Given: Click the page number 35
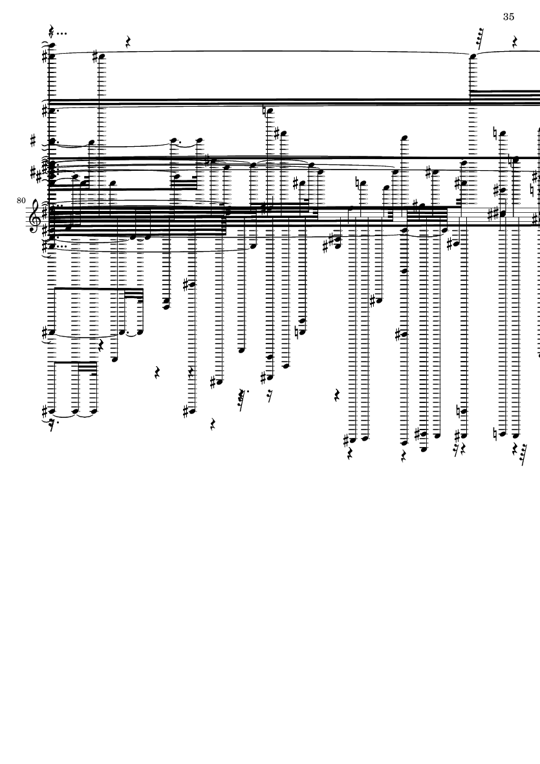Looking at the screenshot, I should point(508,17).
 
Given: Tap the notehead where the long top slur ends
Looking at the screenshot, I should point(473,57).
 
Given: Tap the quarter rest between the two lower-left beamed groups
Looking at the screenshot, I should point(100,346).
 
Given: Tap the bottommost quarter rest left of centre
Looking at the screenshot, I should point(213,424).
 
